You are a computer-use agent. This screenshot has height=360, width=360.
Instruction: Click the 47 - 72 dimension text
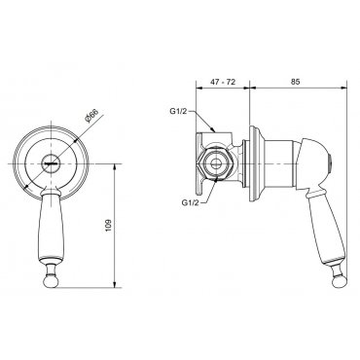[223, 82]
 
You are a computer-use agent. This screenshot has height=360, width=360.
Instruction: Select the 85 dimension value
[296, 82]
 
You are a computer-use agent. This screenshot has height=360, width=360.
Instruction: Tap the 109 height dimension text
[109, 226]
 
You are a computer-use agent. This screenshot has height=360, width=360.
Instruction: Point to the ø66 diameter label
[90, 116]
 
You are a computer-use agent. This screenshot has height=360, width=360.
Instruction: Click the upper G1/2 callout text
[178, 111]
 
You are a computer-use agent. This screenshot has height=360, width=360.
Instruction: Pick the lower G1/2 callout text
[190, 202]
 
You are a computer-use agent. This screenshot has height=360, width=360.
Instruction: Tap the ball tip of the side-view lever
[339, 281]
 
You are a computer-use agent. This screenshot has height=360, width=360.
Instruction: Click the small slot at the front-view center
[52, 163]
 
